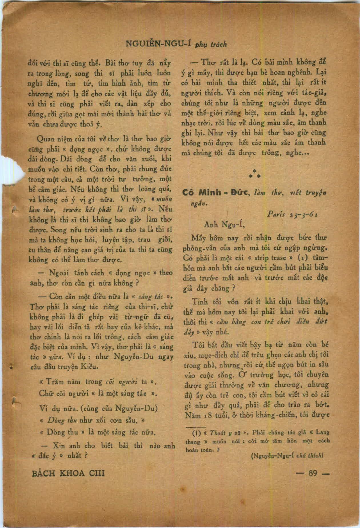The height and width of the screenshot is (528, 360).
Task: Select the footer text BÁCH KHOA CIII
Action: [68, 473]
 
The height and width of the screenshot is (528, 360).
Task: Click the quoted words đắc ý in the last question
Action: [47, 455]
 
